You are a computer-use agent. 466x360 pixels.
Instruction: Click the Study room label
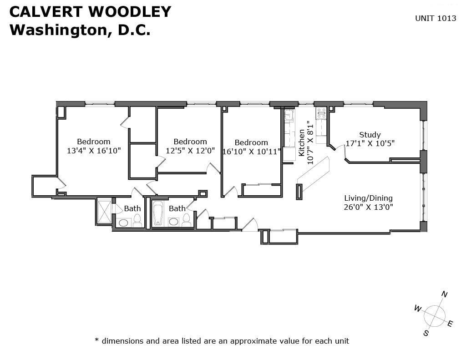[x=370, y=135]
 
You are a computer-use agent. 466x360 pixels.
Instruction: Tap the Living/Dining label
[x=368, y=198]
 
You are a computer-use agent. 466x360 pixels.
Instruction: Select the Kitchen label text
[x=301, y=143]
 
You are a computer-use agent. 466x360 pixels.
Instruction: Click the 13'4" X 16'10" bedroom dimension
[x=94, y=151]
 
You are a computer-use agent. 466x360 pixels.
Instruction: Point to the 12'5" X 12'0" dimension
[x=190, y=151]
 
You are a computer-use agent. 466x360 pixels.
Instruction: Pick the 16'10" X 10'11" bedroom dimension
[x=251, y=152]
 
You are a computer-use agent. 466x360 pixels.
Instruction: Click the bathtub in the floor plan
[x=157, y=213]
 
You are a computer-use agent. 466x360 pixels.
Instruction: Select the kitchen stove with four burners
[x=321, y=113]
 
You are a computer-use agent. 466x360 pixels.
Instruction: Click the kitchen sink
[x=289, y=115]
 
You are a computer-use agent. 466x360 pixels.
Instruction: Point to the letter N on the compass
[x=444, y=294]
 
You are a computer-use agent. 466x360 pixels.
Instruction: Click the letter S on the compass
[x=426, y=333]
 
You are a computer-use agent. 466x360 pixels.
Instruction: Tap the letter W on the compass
[x=418, y=309]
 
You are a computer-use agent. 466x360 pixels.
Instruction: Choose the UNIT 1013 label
[x=436, y=18]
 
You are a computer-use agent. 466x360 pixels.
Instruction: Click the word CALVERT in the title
[x=46, y=11]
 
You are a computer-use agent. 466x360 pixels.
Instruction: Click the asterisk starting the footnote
[x=96, y=340]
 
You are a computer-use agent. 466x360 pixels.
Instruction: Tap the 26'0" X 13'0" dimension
[x=368, y=207]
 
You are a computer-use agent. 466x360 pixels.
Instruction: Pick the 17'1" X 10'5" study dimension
[x=370, y=143]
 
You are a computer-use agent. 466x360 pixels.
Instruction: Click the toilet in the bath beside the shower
[x=137, y=220]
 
